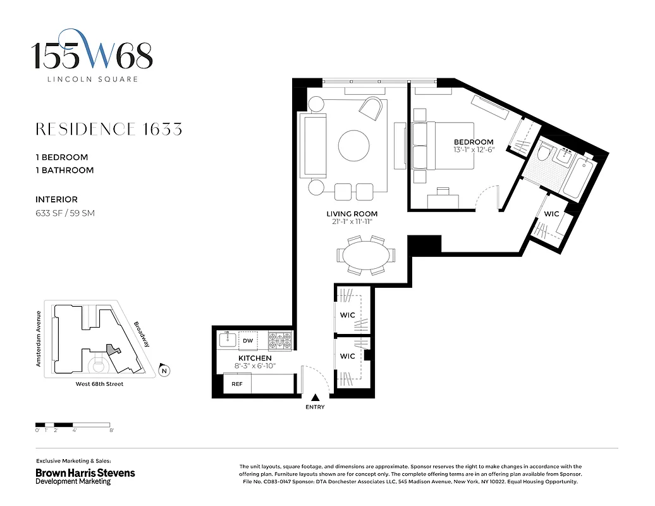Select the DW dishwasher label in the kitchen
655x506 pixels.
point(248,341)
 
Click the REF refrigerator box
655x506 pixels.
point(237,383)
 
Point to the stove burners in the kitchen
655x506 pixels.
point(279,341)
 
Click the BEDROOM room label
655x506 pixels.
point(473,142)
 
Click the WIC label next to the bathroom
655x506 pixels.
point(551,214)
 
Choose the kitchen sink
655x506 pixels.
point(227,340)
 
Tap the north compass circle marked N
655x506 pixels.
point(164,371)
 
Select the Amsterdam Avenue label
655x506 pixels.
point(39,338)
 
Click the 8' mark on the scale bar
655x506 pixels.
point(111,430)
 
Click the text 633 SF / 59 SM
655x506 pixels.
point(65,213)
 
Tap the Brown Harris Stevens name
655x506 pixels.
point(85,472)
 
